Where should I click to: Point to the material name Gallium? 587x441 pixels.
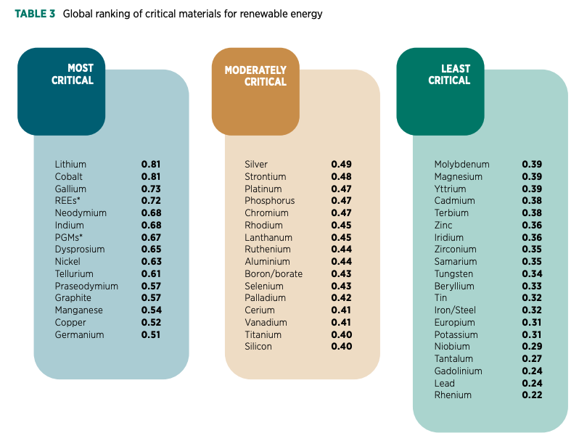tap(70, 189)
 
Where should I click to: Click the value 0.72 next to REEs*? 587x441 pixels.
tap(150, 201)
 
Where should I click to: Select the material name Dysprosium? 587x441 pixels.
tap(80, 250)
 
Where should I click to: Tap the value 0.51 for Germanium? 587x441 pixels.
tap(150, 335)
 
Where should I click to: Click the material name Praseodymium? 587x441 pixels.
tap(86, 286)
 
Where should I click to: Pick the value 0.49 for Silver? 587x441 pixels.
tap(341, 165)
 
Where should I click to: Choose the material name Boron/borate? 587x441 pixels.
tap(274, 274)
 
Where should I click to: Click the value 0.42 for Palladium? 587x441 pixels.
tap(341, 298)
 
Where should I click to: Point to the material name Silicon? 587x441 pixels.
tap(258, 347)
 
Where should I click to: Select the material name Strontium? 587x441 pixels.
tap(266, 177)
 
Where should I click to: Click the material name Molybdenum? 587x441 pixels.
tap(461, 165)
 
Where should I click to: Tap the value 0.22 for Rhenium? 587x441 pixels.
tap(532, 395)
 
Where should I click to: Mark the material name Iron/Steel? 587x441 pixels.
tap(455, 310)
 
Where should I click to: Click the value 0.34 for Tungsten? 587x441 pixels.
tap(532, 274)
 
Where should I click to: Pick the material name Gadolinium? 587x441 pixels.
tap(458, 371)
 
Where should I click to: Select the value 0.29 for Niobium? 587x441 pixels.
tap(532, 347)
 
